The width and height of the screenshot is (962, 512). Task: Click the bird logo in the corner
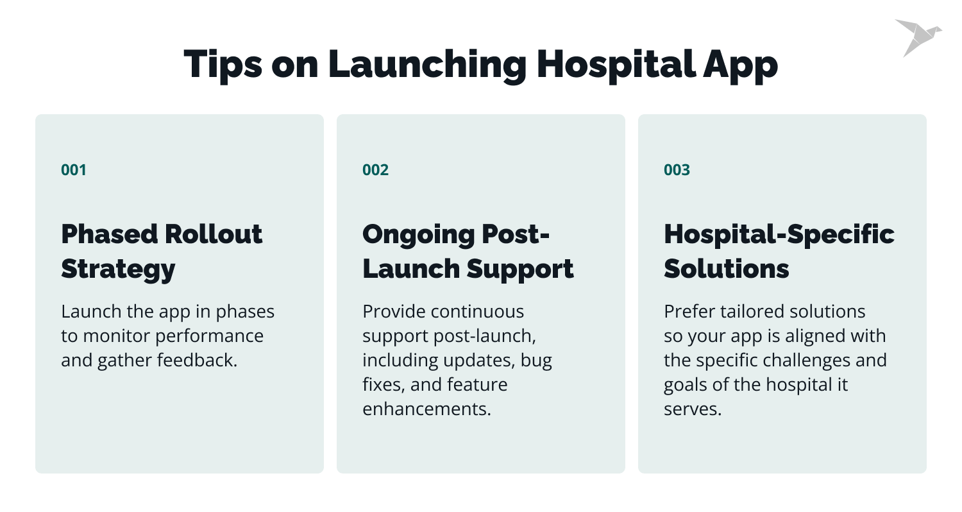point(917,37)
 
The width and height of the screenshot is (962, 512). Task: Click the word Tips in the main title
point(221,65)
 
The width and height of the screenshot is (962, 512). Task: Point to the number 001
point(74,170)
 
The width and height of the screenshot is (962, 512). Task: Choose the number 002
point(375,170)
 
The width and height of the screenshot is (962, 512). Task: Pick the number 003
point(677,170)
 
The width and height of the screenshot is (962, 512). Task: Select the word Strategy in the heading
point(118,269)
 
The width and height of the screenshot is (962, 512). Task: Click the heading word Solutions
point(726,269)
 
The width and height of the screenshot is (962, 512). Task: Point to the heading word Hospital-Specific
point(779,234)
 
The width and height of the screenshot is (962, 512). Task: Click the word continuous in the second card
point(477,312)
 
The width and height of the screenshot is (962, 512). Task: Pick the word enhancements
point(426,409)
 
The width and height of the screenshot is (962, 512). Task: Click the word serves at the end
point(693,409)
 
